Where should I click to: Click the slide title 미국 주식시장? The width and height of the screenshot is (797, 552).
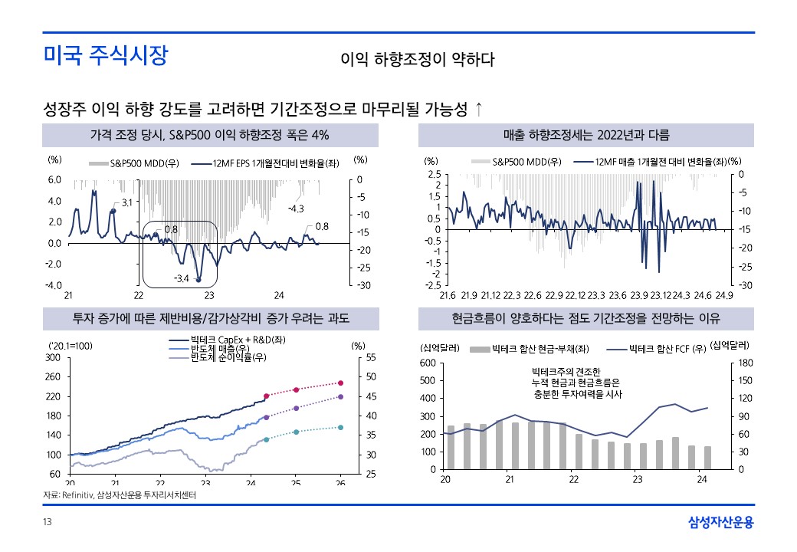104,56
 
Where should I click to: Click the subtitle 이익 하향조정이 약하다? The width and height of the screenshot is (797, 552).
418,59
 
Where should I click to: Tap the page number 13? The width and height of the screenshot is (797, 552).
48,523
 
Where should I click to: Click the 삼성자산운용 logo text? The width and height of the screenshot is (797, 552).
720,523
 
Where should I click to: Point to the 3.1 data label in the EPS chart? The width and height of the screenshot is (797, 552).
127,202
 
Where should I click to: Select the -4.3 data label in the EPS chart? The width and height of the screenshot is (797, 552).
297,209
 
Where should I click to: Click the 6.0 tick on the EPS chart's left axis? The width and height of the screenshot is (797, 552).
54,180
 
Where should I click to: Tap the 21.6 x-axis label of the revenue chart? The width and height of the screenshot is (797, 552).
448,295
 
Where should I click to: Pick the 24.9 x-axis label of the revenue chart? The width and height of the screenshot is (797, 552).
724,295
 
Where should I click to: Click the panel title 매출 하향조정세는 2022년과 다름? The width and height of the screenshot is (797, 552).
586,136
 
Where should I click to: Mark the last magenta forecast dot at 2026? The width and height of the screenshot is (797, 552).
341,383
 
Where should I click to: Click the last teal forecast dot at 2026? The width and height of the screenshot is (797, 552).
341,428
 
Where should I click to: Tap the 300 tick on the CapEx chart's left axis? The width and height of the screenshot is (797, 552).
53,357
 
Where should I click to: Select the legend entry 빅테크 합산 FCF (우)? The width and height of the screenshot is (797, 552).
667,349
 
